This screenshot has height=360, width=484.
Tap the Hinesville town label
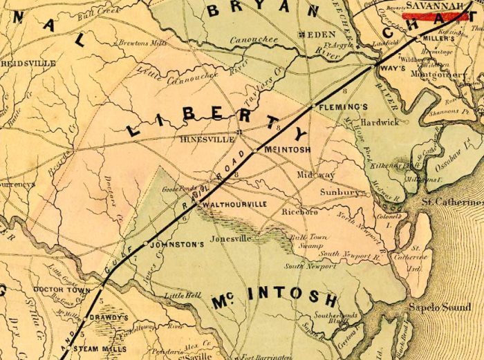point(203,138)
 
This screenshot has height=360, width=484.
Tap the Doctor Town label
point(62,291)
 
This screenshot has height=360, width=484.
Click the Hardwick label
point(380,122)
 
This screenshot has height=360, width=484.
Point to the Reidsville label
point(28,63)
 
